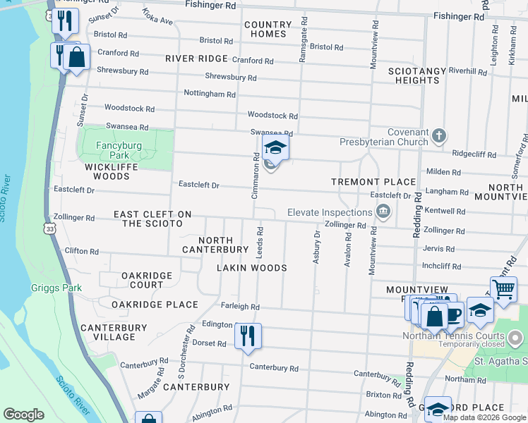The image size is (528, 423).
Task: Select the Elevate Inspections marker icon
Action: (383, 211)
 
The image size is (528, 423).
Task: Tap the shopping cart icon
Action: (503, 288)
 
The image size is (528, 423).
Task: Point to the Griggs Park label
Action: (56, 288)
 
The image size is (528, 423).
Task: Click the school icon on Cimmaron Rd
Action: (275, 148)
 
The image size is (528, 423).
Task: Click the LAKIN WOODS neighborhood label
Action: (251, 268)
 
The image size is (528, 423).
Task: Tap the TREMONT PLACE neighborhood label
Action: (373, 182)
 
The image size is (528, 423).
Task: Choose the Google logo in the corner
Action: (23, 415)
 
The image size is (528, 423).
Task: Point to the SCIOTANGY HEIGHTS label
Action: (413, 75)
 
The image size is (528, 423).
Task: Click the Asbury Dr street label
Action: (317, 247)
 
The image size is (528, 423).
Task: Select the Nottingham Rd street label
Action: (210, 94)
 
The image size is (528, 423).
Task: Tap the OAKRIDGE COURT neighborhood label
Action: (142, 280)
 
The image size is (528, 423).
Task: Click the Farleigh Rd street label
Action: (240, 307)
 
